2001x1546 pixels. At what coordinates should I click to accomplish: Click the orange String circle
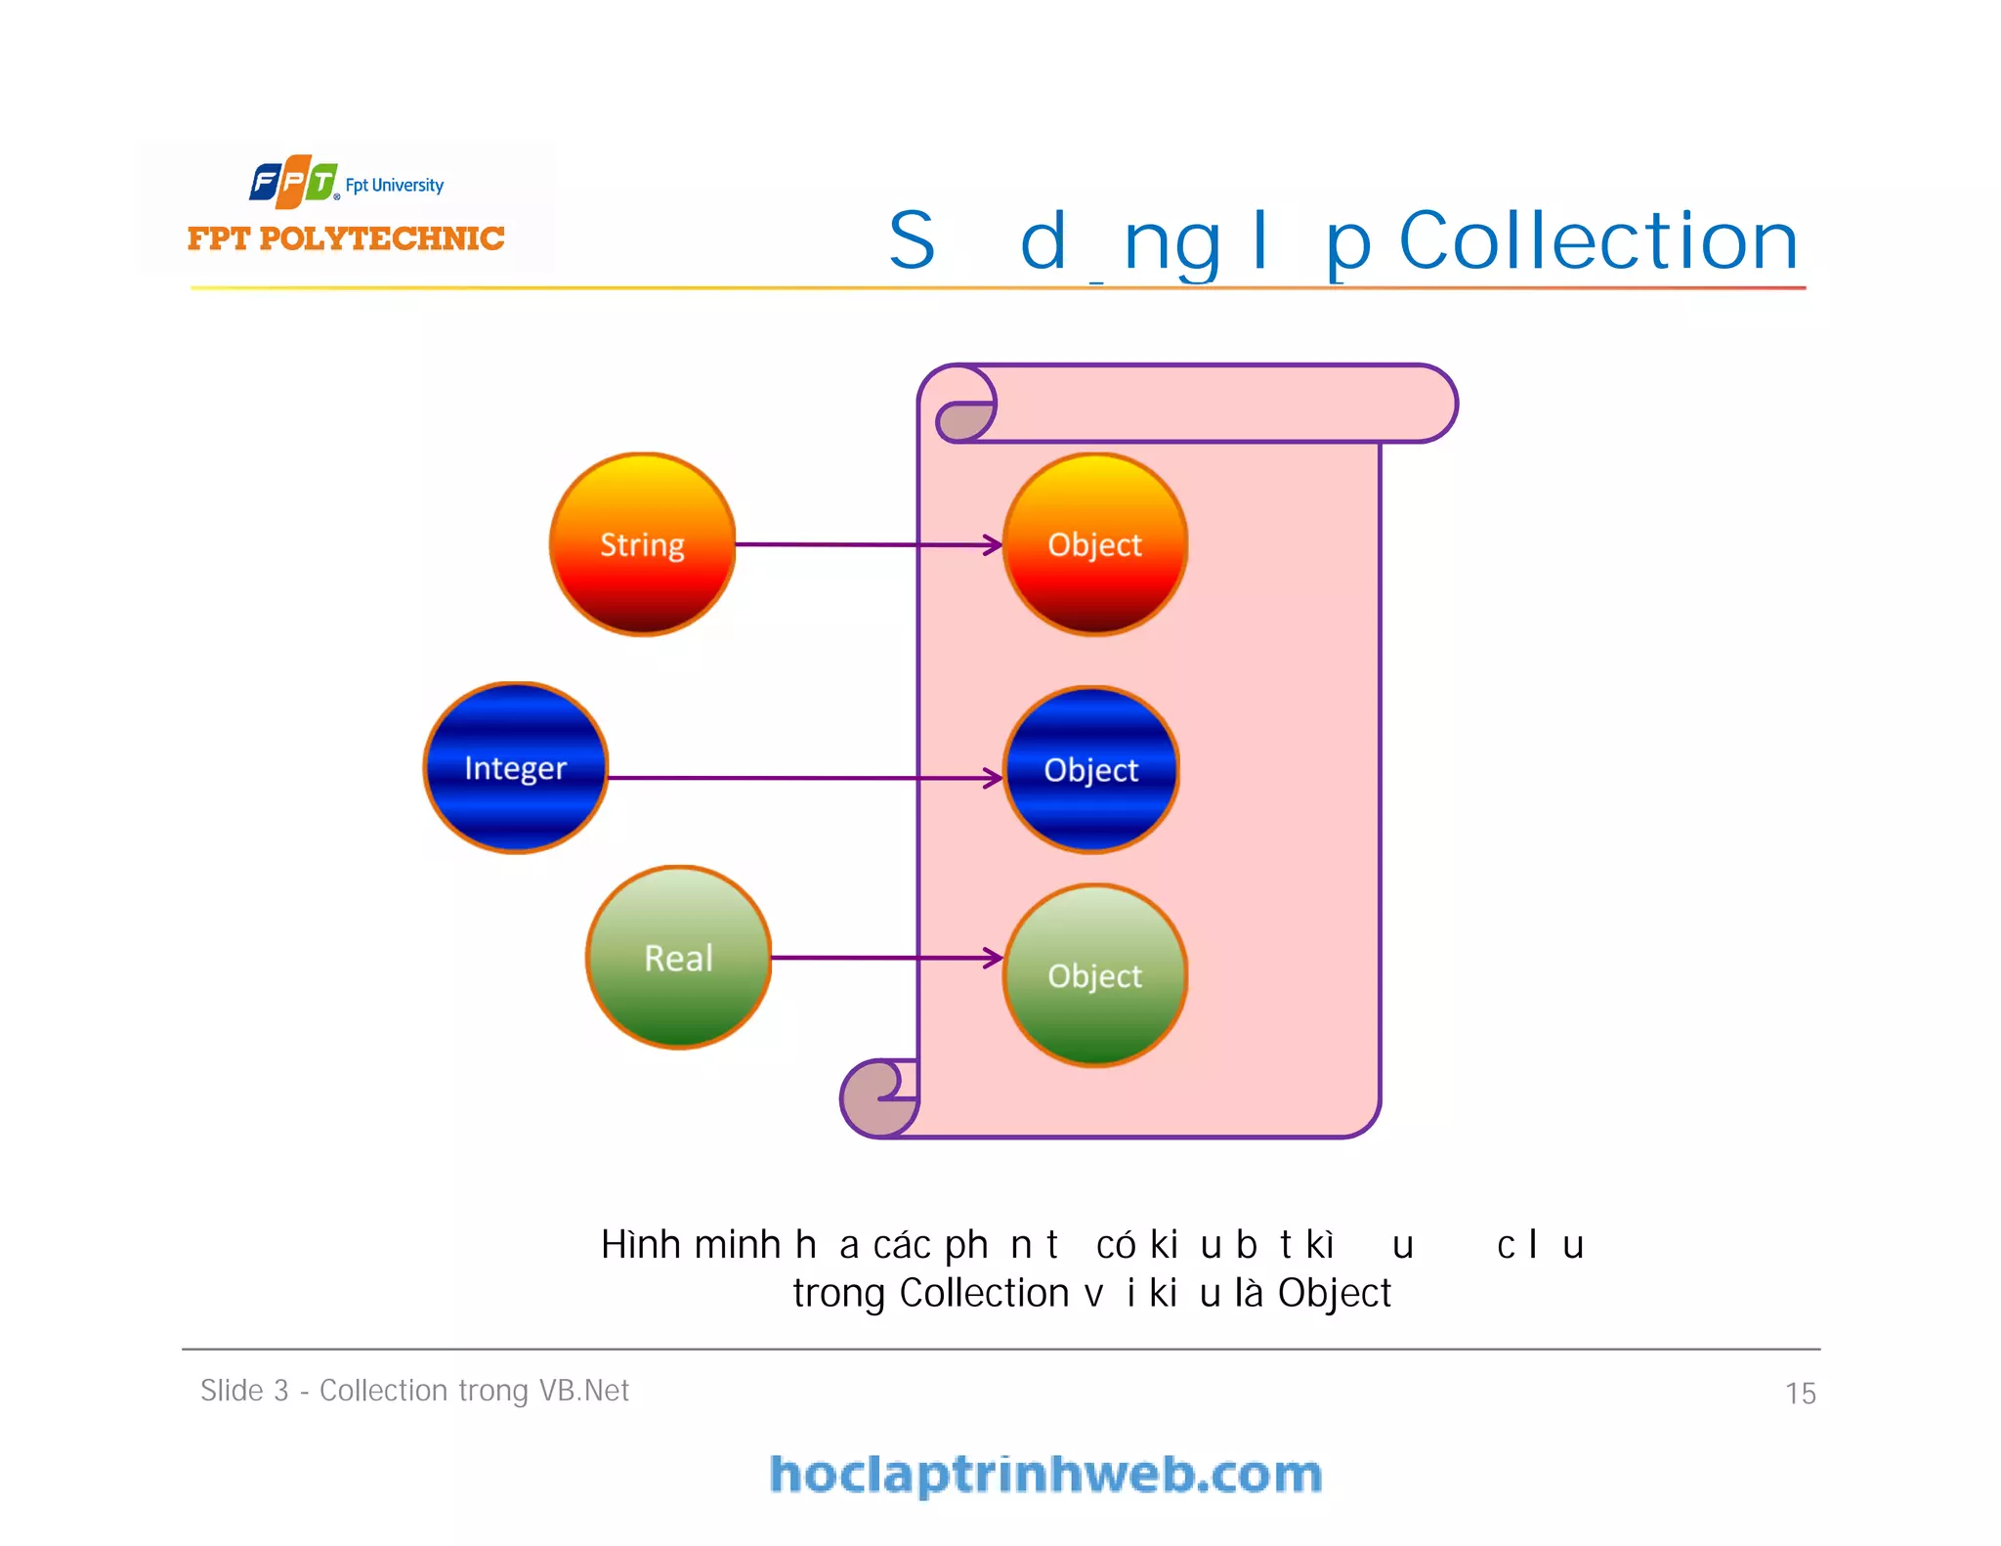click(642, 544)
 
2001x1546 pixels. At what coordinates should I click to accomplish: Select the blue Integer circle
click(516, 768)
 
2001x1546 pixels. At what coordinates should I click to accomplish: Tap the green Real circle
click(679, 958)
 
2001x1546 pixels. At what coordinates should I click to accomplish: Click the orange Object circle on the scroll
click(1095, 544)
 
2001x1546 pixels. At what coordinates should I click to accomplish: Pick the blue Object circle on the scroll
click(1091, 770)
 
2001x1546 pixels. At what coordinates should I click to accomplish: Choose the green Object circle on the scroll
click(1095, 975)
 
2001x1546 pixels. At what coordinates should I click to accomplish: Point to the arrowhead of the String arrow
click(994, 545)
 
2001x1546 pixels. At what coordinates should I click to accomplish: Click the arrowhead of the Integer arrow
click(994, 778)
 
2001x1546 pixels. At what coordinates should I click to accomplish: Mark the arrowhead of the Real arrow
click(994, 958)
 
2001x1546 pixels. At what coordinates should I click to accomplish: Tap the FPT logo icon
click(293, 182)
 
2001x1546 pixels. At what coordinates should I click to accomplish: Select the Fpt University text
click(395, 185)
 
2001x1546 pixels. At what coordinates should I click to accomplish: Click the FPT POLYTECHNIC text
click(346, 238)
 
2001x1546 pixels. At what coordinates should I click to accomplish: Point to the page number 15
click(1800, 1393)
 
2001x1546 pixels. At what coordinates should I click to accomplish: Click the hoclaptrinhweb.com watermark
click(1045, 1475)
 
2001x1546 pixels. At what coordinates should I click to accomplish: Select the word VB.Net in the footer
click(584, 1391)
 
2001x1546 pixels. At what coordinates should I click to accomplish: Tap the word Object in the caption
click(1334, 1293)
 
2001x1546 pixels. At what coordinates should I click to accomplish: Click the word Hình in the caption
click(640, 1245)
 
